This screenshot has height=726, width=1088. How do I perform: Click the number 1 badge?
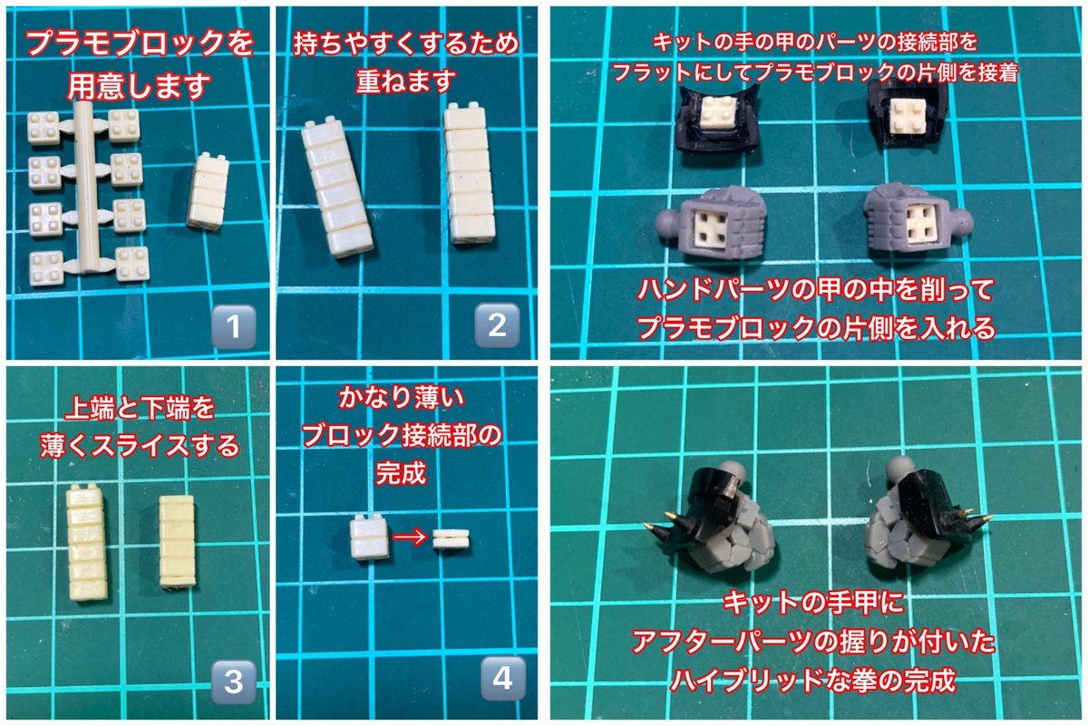coord(231,326)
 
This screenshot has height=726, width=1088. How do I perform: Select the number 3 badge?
coord(231,682)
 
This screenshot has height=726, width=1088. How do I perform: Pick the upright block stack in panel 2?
coord(471,177)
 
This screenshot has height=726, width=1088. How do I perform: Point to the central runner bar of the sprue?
coord(86,190)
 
